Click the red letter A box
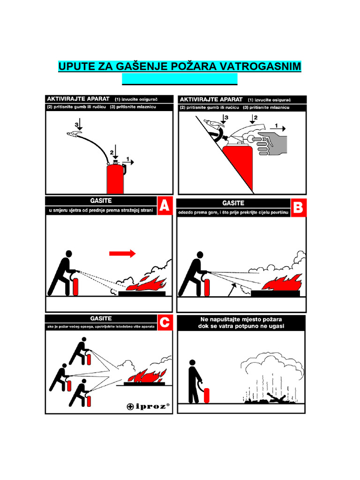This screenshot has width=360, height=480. pos(164,207)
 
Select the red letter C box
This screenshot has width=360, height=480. pos(164,323)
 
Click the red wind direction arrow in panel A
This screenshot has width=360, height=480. pos(122,254)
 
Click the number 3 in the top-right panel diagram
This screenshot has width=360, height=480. pos(226,118)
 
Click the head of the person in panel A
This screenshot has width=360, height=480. pos(69,254)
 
